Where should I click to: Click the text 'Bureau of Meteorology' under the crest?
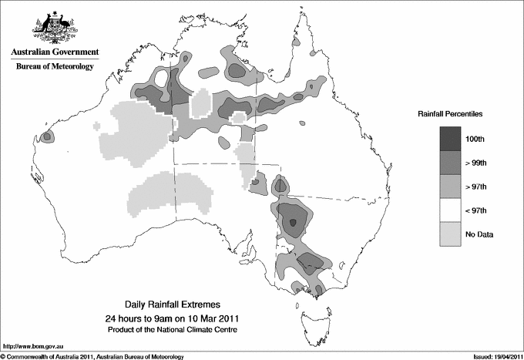pyautogui.click(x=55, y=67)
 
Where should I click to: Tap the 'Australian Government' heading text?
pyautogui.click(x=54, y=53)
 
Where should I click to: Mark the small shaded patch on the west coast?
pyautogui.click(x=47, y=136)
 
